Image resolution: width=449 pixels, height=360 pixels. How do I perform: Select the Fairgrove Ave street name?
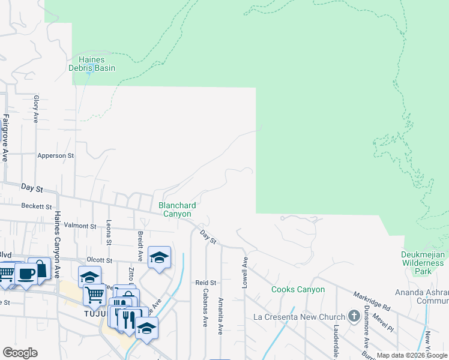pyautogui.click(x=5, y=137)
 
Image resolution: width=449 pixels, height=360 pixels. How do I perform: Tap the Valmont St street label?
pyautogui.click(x=80, y=226)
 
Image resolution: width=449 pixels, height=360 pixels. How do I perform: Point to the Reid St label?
pyautogui.click(x=205, y=282)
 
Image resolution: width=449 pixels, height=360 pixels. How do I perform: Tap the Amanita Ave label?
pyautogui.click(x=221, y=311)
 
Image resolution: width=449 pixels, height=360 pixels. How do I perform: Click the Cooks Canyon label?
pyautogui.click(x=298, y=290)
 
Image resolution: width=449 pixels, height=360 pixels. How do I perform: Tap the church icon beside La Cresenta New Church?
pyautogui.click(x=355, y=317)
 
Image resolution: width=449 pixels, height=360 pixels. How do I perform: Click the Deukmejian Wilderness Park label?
pyautogui.click(x=424, y=263)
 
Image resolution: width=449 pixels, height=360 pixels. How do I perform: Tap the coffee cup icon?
pyautogui.click(x=26, y=273)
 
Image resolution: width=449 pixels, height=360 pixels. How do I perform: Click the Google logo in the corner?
pyautogui.click(x=20, y=353)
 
